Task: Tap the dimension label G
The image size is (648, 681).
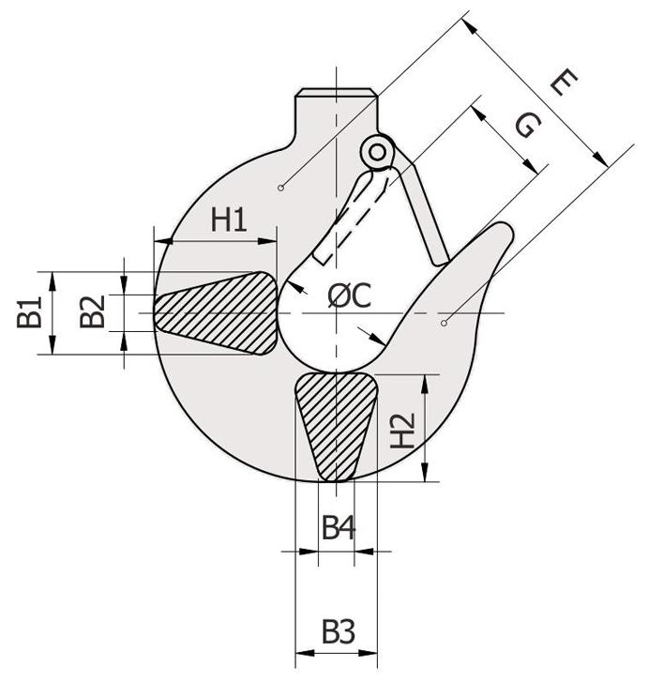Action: [528, 126]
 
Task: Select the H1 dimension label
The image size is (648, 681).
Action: [229, 219]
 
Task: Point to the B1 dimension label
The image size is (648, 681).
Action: [29, 311]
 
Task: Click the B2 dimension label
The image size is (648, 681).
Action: [93, 311]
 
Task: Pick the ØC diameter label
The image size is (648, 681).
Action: [350, 295]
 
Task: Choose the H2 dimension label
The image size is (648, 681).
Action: [402, 431]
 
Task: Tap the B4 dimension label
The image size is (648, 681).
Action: [339, 528]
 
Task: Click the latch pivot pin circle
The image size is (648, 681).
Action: [378, 152]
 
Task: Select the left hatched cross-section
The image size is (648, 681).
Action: [216, 313]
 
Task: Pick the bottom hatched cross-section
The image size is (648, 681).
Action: [337, 427]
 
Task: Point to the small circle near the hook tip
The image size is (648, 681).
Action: [444, 323]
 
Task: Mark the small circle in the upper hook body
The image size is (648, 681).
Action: [281, 188]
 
